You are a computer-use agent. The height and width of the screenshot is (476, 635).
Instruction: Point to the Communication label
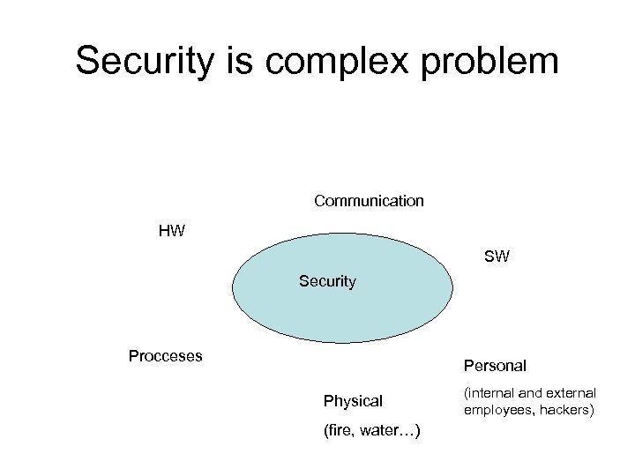pyautogui.click(x=369, y=201)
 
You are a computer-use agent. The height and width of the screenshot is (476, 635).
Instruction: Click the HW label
pyautogui.click(x=171, y=231)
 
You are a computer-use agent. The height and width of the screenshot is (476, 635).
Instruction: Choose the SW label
pyautogui.click(x=497, y=257)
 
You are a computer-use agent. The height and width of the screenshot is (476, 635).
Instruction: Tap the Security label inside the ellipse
pyautogui.click(x=327, y=281)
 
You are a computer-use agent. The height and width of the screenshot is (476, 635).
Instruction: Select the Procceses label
pyautogui.click(x=165, y=356)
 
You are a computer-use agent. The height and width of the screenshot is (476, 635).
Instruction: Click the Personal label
pyautogui.click(x=494, y=365)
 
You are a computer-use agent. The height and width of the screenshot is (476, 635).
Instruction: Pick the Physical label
pyautogui.click(x=353, y=401)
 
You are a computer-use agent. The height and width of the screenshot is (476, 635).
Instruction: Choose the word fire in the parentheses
pyautogui.click(x=342, y=430)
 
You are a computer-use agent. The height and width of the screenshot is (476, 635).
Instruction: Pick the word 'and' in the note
pyautogui.click(x=531, y=393)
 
